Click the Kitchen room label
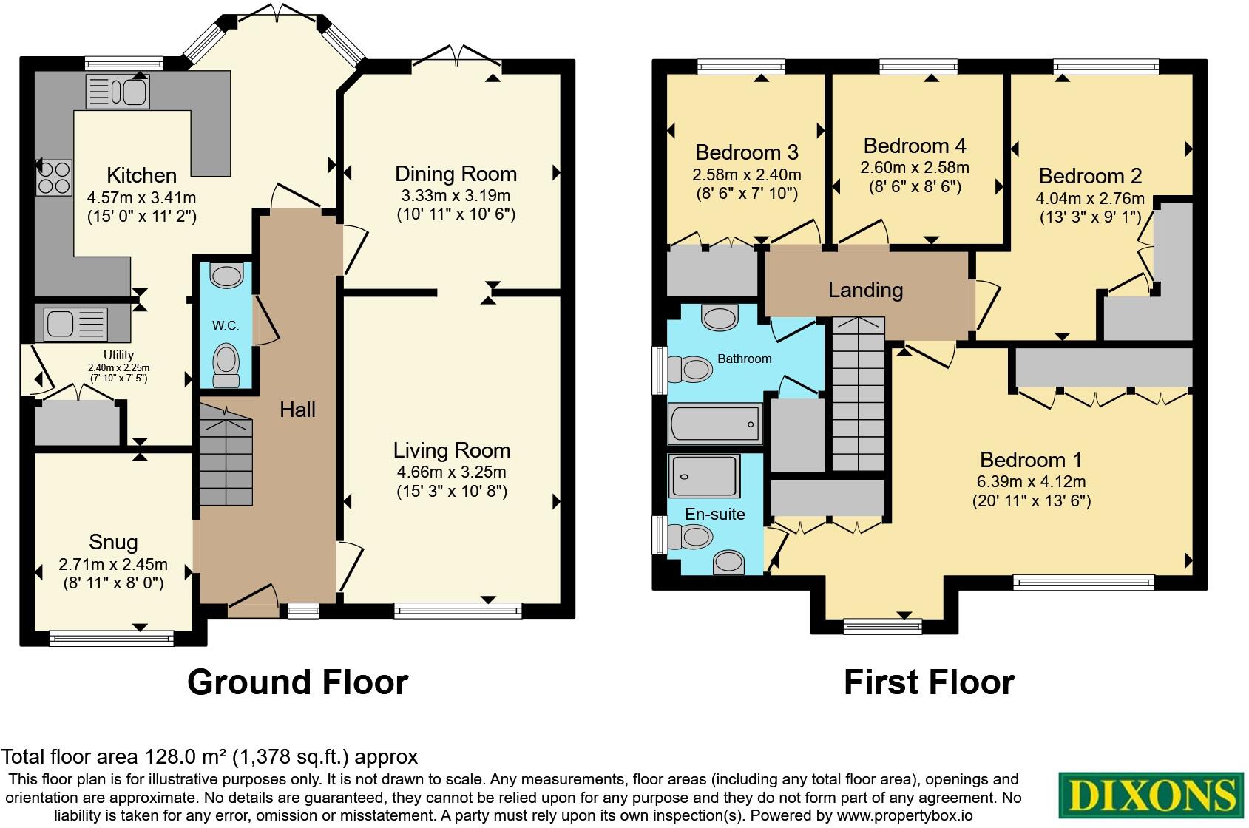click(x=141, y=175)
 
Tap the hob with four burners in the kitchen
click(x=54, y=177)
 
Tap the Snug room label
click(x=113, y=543)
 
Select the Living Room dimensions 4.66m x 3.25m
click(x=451, y=472)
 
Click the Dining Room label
click(x=456, y=174)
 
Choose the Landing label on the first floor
click(x=865, y=290)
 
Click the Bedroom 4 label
click(x=915, y=145)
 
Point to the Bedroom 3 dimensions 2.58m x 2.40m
click(x=746, y=175)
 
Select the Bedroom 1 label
click(x=1031, y=460)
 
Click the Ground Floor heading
click(x=297, y=682)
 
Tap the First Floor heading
click(x=929, y=682)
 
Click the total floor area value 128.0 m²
click(x=183, y=757)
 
